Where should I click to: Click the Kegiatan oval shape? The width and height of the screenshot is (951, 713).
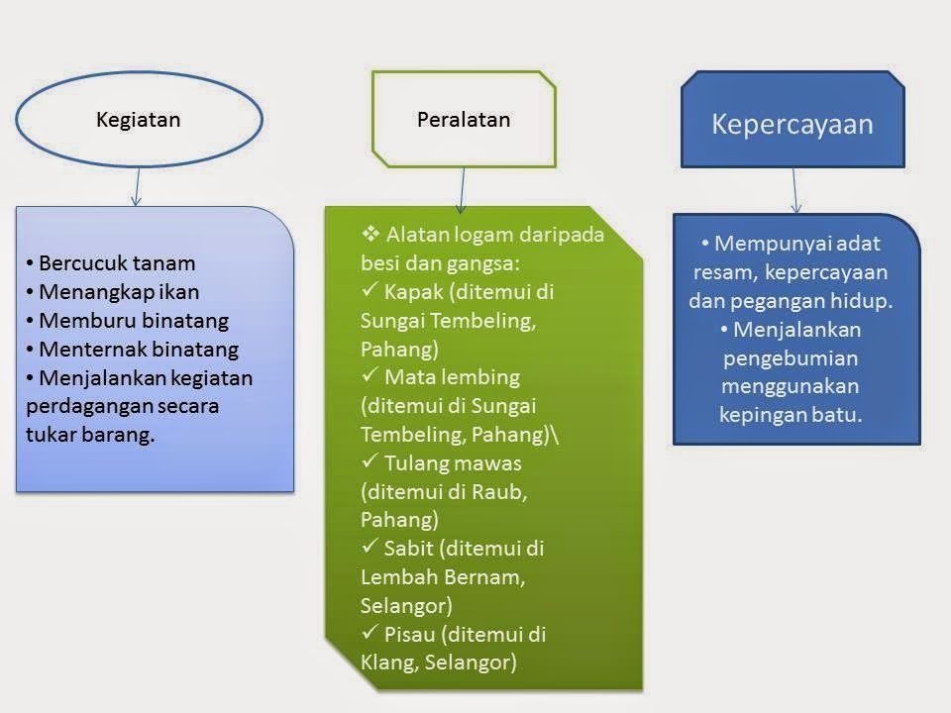pos(139,120)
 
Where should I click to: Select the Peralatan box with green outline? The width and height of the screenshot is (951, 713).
pos(463,119)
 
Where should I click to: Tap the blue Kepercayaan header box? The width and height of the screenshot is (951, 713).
pos(792,124)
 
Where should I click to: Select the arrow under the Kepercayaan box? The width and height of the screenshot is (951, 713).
pos(795,190)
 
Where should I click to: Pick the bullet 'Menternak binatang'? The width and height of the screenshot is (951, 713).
pos(139,350)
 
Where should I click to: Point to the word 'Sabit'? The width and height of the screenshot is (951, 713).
pos(408,548)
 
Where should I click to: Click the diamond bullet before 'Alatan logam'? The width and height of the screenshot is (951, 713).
pos(371,235)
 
